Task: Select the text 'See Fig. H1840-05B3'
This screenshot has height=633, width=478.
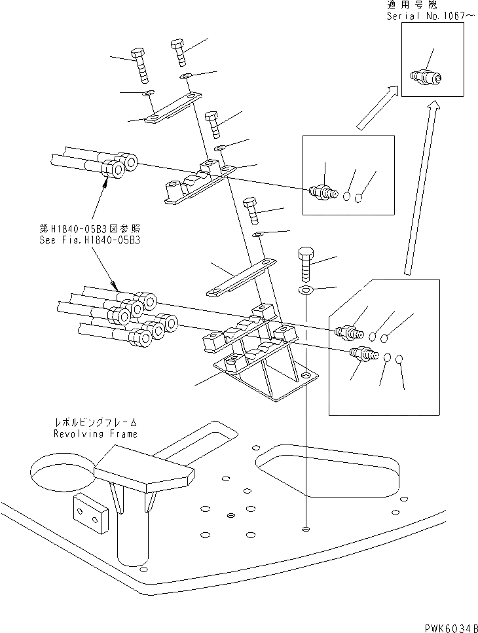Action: [90, 240]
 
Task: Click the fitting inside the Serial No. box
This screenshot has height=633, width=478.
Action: [426, 79]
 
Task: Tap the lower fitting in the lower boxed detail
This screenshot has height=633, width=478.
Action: [365, 355]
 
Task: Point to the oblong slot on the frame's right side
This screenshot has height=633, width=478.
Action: [327, 467]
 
